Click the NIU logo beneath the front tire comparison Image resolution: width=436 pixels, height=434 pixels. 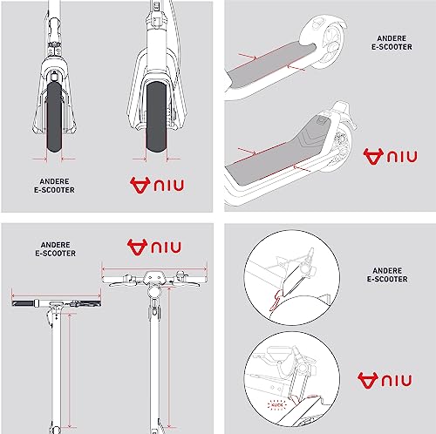[157, 185]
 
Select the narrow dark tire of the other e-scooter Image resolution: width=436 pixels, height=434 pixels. [55, 117]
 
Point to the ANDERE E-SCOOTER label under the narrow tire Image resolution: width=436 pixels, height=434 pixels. [54, 186]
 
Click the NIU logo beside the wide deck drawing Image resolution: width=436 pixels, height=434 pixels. [391, 157]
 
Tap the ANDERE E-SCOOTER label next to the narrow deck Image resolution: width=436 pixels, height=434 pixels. [392, 43]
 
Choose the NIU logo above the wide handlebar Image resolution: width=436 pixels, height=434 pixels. [154, 248]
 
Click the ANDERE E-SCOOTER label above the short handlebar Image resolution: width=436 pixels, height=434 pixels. [55, 249]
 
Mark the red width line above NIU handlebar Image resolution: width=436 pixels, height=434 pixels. [154, 269]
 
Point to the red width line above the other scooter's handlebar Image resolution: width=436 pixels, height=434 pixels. [56, 296]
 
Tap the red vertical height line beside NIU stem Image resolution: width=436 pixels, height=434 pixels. [169, 358]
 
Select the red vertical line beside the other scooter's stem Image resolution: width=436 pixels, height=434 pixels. [70, 370]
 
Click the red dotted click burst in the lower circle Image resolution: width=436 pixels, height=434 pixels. [277, 404]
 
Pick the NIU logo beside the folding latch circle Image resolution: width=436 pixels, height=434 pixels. [385, 381]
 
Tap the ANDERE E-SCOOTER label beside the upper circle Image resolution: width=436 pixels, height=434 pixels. [387, 275]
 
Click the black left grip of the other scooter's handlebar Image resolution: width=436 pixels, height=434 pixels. [24, 303]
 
